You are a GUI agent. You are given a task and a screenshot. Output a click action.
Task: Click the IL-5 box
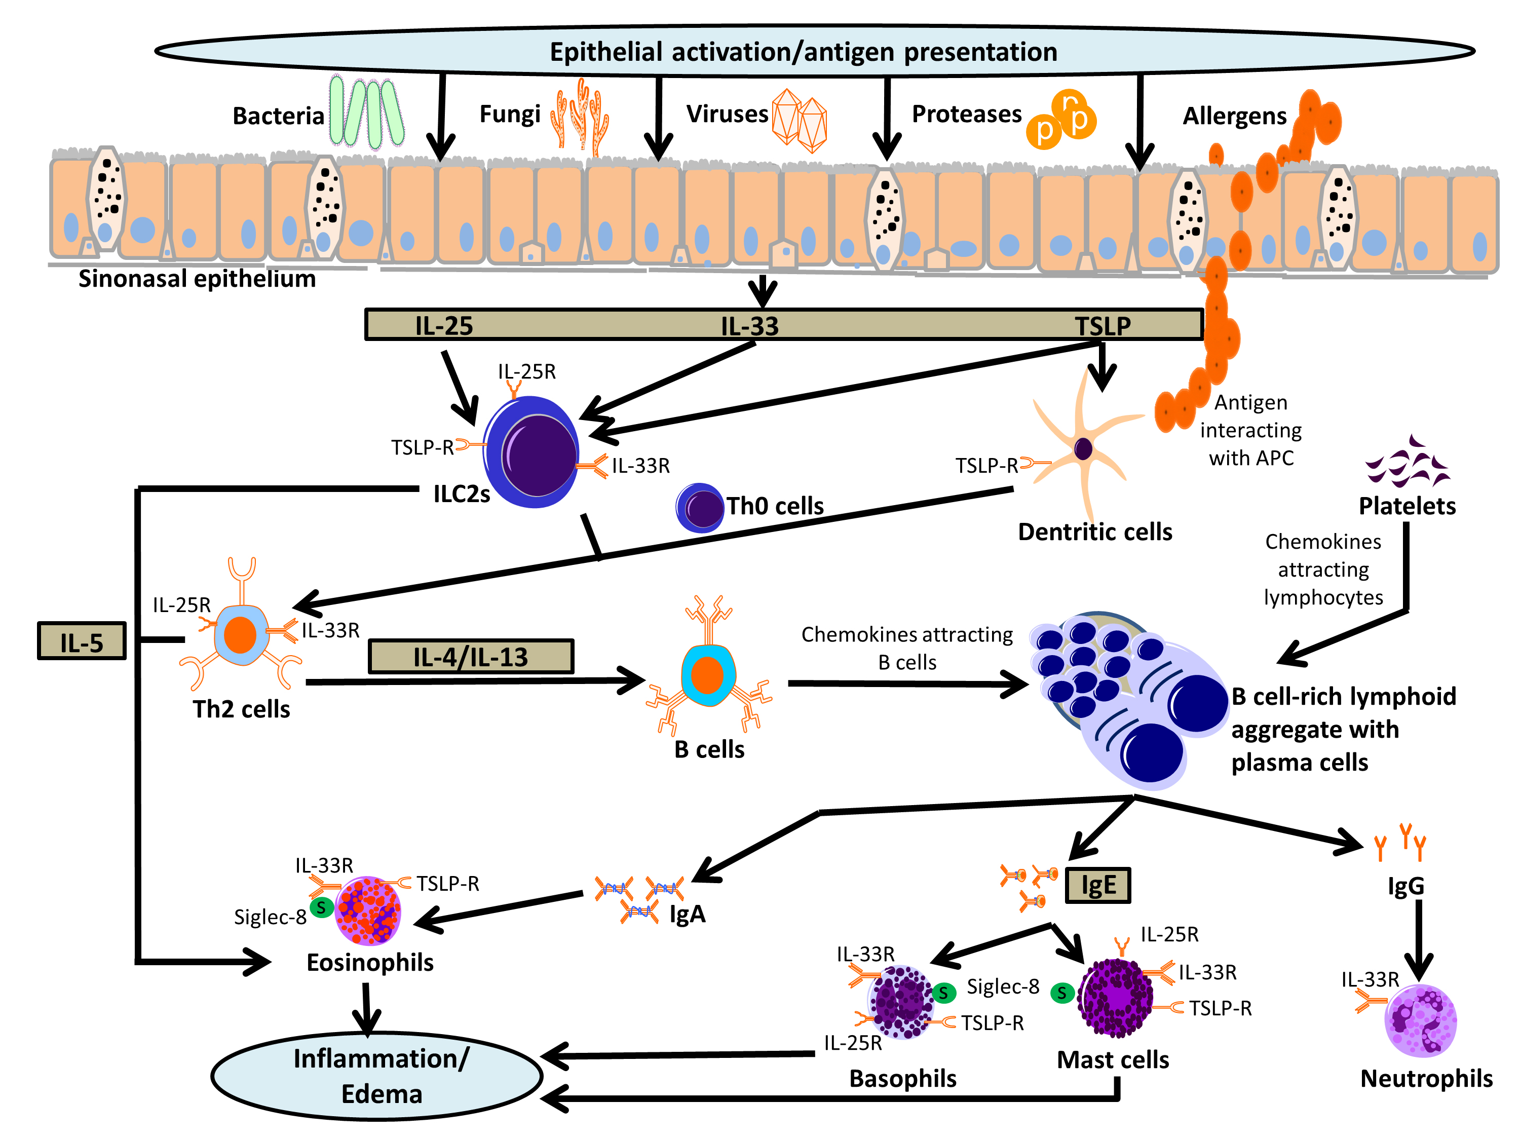click(x=82, y=641)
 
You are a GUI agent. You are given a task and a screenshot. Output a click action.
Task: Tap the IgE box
click(x=1097, y=885)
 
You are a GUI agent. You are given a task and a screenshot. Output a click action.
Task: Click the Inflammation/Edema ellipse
click(x=376, y=1076)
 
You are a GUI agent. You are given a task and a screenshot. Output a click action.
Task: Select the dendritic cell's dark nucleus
click(x=1083, y=449)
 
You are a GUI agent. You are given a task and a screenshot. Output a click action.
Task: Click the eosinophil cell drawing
click(x=368, y=910)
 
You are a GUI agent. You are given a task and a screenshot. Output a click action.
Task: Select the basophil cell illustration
click(x=901, y=1002)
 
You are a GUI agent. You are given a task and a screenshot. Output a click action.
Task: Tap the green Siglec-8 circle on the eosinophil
click(x=321, y=908)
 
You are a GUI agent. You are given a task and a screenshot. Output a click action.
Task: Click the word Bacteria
click(x=278, y=116)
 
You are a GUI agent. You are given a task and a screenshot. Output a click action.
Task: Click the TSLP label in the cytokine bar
click(x=1103, y=325)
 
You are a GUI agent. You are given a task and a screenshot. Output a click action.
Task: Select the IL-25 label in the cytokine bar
click(x=444, y=325)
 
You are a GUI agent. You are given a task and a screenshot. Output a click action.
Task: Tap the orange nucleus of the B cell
click(x=707, y=675)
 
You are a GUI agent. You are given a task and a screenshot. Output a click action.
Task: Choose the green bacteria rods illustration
click(x=366, y=112)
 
